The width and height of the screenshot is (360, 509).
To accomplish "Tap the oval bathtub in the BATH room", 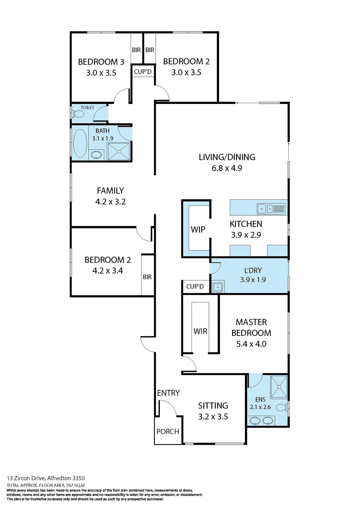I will tap(80, 143).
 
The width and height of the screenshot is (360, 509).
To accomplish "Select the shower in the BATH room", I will tap(119, 151).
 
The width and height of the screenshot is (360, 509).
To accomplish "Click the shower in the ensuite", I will tap(279, 387).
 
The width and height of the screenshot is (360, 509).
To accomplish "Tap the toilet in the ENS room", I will tap(282, 407).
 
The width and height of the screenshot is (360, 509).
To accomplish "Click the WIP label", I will tap(198, 230).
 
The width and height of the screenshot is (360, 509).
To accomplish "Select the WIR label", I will tap(200, 331).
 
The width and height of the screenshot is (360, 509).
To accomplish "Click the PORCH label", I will tap(168, 432).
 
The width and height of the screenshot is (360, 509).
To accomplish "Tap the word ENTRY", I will tap(168, 393).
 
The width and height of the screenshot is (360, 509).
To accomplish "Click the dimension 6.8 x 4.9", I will tap(227, 168).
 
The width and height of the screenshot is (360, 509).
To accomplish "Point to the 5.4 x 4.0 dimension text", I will tap(251, 344).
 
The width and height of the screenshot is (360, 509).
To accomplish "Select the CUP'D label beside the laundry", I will tap(195, 287).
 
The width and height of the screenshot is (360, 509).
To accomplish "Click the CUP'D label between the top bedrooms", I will tap(143, 72).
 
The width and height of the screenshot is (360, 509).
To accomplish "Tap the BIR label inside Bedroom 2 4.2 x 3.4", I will tap(147, 277).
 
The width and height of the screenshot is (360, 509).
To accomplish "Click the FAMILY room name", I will tap(110, 191).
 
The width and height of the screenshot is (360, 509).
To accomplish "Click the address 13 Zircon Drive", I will tap(26, 478).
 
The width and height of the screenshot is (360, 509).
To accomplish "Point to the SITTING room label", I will tap(213, 406).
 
